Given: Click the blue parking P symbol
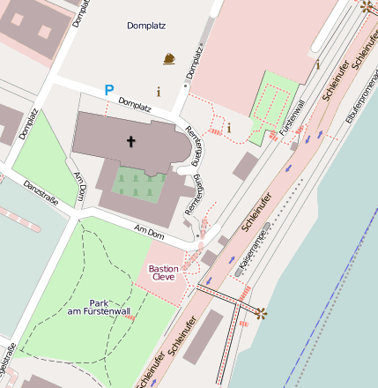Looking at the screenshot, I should pyautogui.click(x=109, y=90).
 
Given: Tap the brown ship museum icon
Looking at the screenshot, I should pyautogui.click(x=169, y=60).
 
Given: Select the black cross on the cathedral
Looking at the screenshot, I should pyautogui.click(x=131, y=141).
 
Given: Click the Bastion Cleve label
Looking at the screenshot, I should pyautogui.click(x=163, y=272).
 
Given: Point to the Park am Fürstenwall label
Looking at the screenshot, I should pyautogui.click(x=98, y=308).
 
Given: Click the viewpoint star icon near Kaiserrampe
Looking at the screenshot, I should pyautogui.click(x=260, y=312).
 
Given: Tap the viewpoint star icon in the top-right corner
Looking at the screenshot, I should pyautogui.click(x=367, y=7).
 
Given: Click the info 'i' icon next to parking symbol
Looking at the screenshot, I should pyautogui.click(x=159, y=91).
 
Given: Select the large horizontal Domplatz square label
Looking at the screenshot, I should pyautogui.click(x=145, y=26).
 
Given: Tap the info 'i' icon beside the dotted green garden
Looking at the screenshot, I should pyautogui.click(x=229, y=128).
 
